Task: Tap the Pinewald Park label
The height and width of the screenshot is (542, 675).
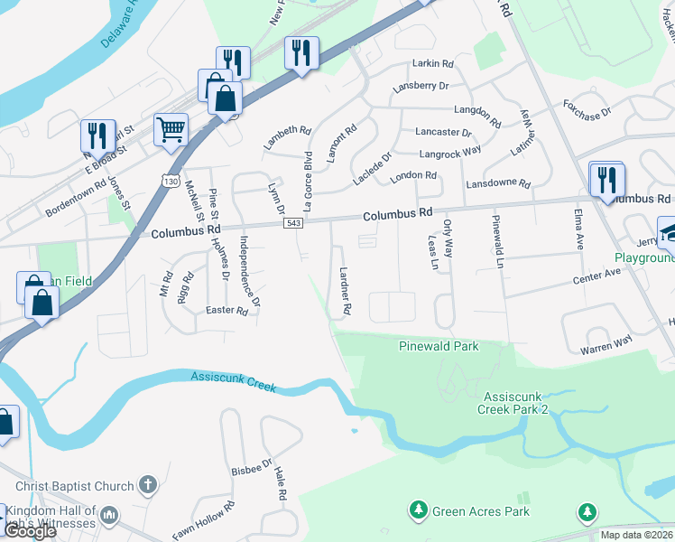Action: (439, 346)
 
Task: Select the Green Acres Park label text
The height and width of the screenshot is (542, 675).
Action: (480, 512)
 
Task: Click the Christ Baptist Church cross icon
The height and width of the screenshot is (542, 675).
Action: (150, 486)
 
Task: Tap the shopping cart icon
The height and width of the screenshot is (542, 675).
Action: (171, 129)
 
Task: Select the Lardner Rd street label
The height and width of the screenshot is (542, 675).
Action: (344, 290)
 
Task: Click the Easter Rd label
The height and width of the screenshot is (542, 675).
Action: (227, 311)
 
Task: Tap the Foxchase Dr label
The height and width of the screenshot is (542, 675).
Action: (587, 109)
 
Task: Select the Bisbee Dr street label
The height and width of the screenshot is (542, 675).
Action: (251, 470)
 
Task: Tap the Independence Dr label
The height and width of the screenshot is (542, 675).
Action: (249, 270)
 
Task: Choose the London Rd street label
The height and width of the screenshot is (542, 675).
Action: (413, 175)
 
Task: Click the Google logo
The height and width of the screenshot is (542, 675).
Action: (30, 531)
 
